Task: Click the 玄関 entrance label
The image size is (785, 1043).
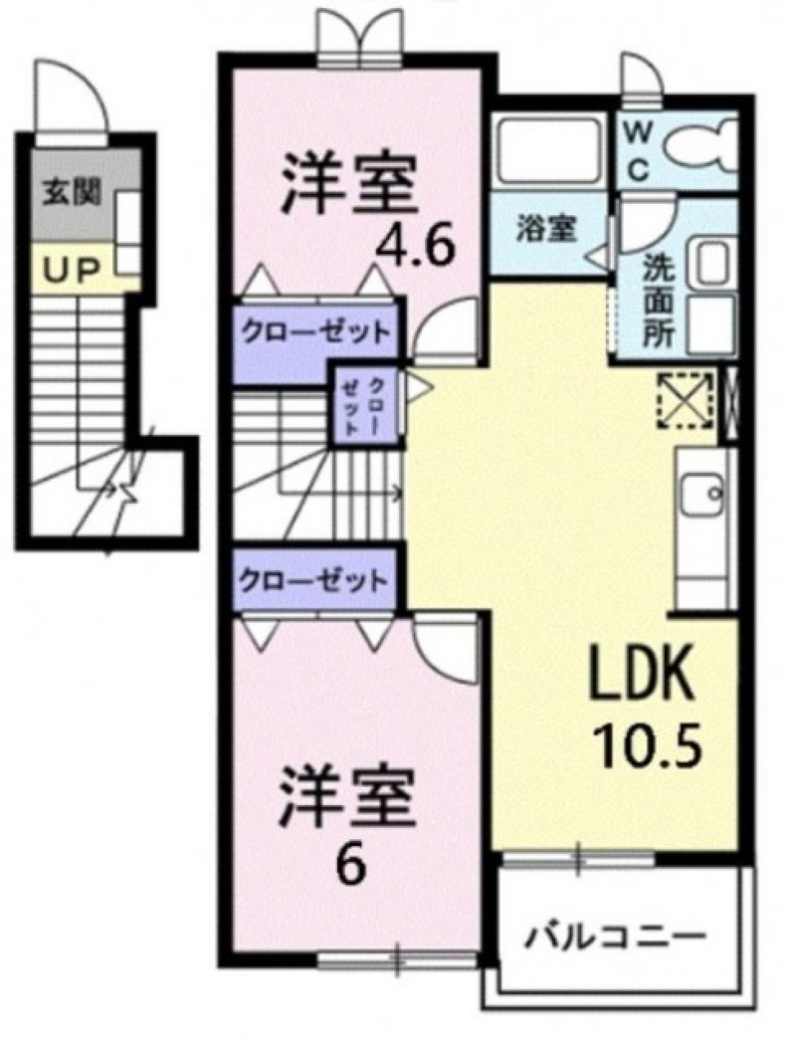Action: [x=73, y=193]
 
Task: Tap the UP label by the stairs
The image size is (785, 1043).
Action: [x=72, y=271]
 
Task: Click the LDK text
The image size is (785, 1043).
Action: [x=644, y=674]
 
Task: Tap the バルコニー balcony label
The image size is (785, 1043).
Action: [x=616, y=935]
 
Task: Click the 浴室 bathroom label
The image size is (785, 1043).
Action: [x=545, y=230]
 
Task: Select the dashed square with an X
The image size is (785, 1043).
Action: [x=685, y=402]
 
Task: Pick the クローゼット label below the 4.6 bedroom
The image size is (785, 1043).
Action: [x=314, y=333]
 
